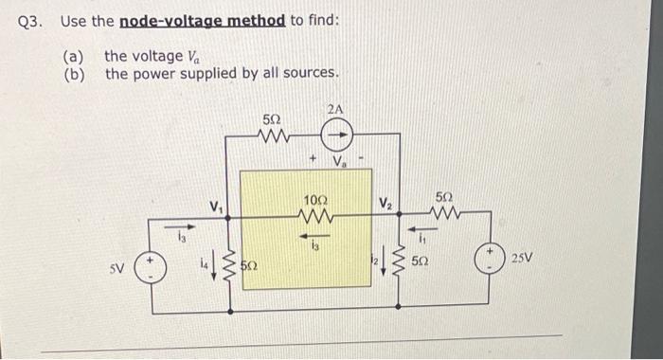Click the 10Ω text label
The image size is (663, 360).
pyautogui.click(x=315, y=201)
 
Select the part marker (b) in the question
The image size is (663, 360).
pyautogui.click(x=75, y=73)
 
